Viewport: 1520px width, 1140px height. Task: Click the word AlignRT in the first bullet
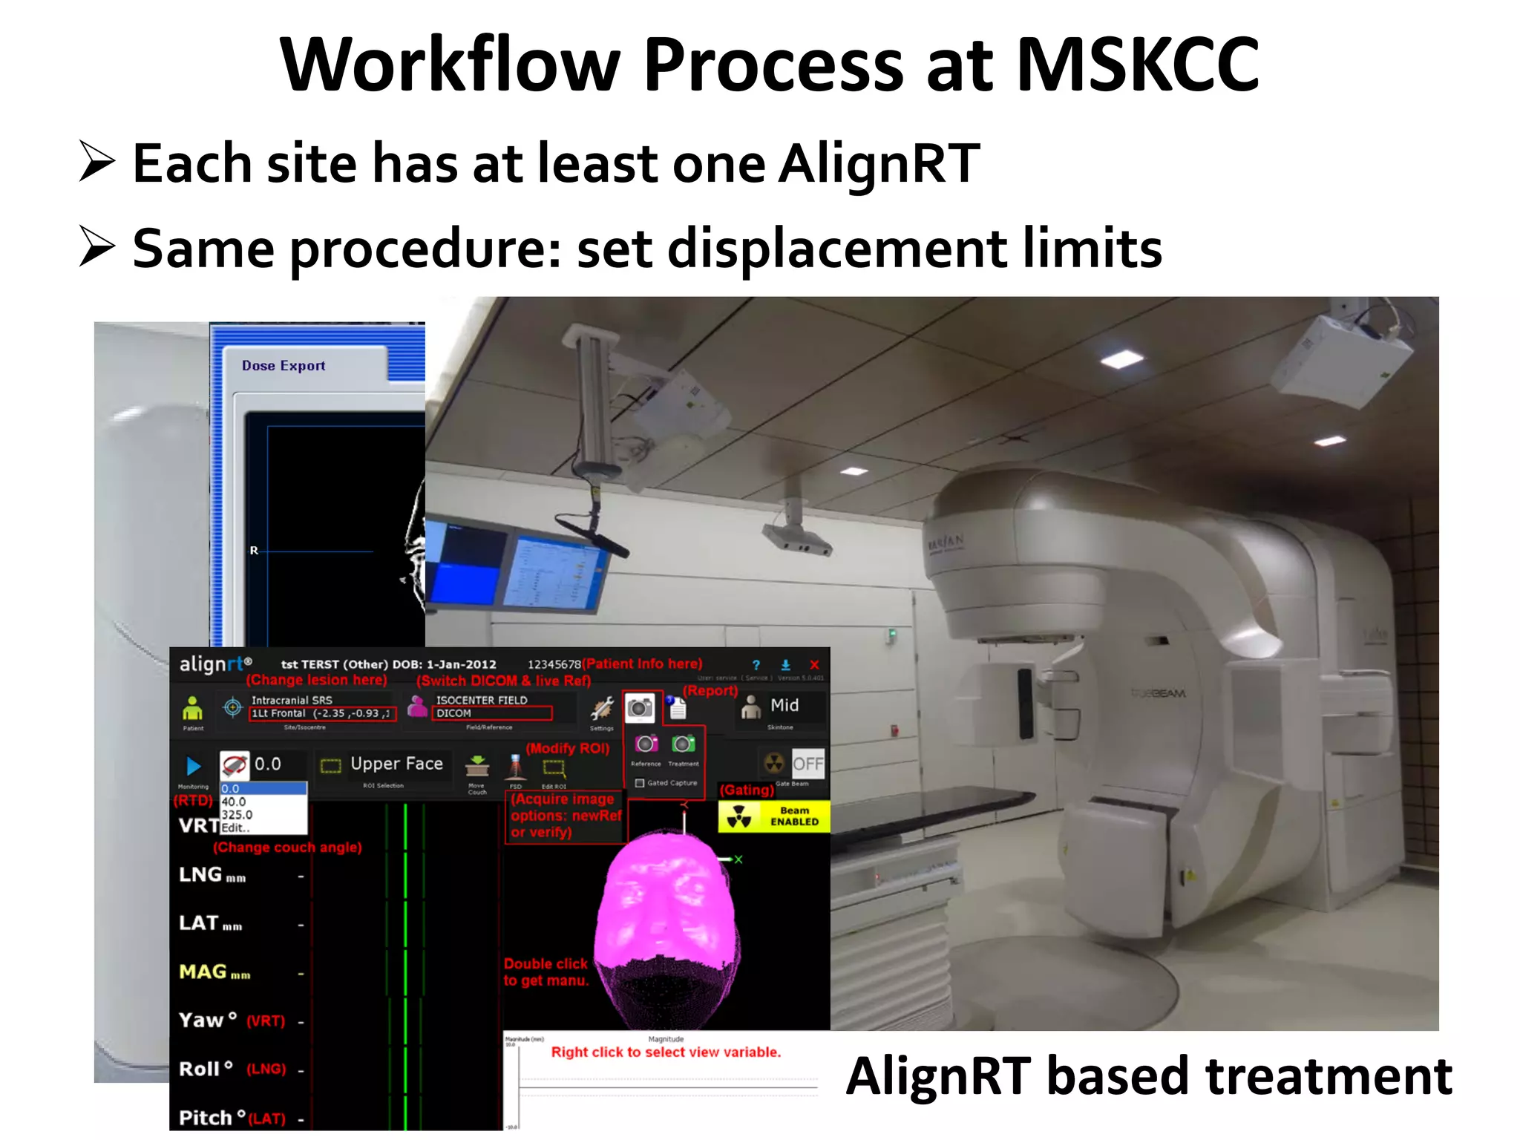coord(879,164)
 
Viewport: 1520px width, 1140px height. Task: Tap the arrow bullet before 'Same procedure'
coord(97,247)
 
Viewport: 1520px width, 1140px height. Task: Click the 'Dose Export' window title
coord(284,366)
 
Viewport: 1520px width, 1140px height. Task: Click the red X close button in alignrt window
coord(814,665)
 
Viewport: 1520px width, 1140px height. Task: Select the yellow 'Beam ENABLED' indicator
coord(774,816)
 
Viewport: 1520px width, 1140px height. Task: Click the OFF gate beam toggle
coord(807,764)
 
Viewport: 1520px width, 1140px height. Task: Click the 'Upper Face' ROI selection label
coord(396,764)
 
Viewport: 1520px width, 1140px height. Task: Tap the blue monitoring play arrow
coord(193,766)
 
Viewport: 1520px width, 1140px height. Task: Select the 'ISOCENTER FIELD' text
coord(482,700)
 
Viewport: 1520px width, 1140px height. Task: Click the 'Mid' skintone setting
coord(784,705)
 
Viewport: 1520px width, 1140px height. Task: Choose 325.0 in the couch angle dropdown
coord(237,815)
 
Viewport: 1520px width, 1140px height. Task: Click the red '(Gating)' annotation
coord(747,790)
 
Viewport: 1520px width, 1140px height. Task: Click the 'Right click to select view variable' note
coord(666,1052)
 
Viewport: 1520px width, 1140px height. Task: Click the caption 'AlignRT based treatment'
coord(1149,1077)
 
